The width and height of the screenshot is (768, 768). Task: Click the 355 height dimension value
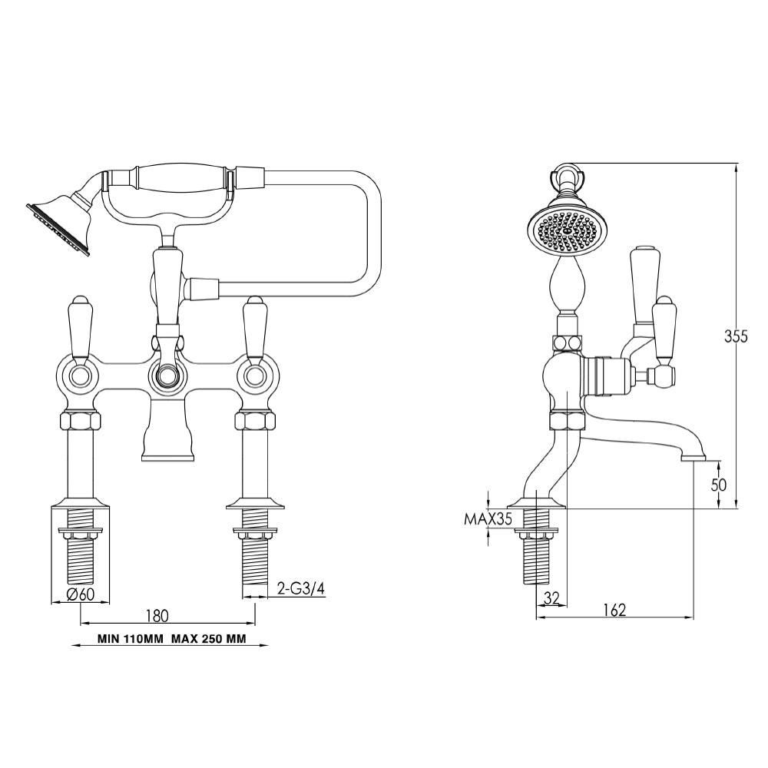[x=736, y=336]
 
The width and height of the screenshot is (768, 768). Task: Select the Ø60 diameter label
[x=81, y=593]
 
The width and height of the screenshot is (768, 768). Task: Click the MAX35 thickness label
[x=488, y=519]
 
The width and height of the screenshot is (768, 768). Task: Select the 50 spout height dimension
[x=719, y=485]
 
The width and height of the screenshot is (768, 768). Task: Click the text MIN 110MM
[x=130, y=638]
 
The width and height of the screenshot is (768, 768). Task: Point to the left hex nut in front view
[x=80, y=422]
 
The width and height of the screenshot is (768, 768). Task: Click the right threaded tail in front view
[x=254, y=564]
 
